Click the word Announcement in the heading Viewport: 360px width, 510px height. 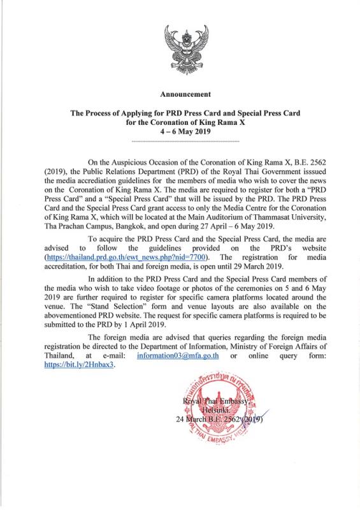180,94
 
